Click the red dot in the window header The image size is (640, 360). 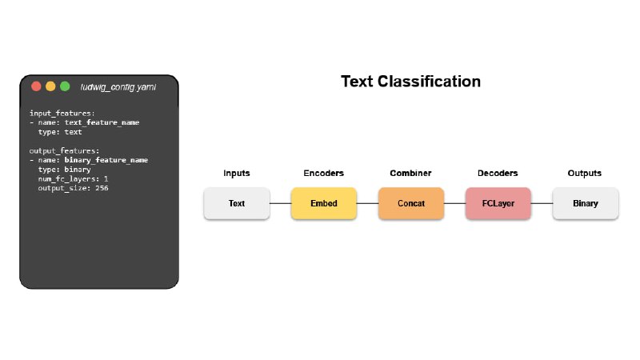36,86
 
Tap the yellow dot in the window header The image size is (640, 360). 50,86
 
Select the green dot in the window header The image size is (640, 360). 65,86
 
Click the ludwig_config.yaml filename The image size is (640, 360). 118,87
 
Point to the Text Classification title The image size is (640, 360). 410,82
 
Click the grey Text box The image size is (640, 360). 237,203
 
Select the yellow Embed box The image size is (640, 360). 324,203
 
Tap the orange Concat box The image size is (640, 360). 411,203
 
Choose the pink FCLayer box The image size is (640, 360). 498,203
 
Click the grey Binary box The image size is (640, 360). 586,203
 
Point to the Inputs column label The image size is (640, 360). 236,173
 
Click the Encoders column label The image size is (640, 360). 324,173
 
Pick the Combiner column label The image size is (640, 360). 410,173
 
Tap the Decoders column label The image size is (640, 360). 498,173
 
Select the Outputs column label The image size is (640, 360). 585,173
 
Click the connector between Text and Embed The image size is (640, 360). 281,203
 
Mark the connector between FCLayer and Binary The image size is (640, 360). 542,203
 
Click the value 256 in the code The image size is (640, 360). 102,188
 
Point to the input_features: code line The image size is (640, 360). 62,114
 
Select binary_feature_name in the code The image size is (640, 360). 106,160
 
